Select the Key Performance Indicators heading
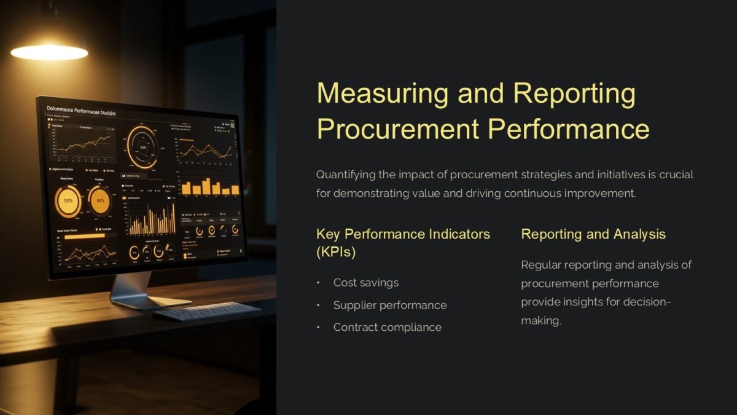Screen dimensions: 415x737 tap(403, 234)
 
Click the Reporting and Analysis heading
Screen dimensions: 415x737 tap(593, 234)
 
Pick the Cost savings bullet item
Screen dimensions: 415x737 tap(366, 283)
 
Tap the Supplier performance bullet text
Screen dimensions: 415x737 tap(390, 306)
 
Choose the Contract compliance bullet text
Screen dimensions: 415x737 tap(388, 328)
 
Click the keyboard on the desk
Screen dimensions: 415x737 tap(206, 310)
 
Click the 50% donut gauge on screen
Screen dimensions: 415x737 tap(68, 200)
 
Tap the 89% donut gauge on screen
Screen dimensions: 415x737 tap(100, 201)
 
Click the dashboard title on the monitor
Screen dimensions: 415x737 tap(84, 111)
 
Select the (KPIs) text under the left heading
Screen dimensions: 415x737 tap(336, 253)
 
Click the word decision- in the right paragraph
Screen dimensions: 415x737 tap(647, 302)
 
